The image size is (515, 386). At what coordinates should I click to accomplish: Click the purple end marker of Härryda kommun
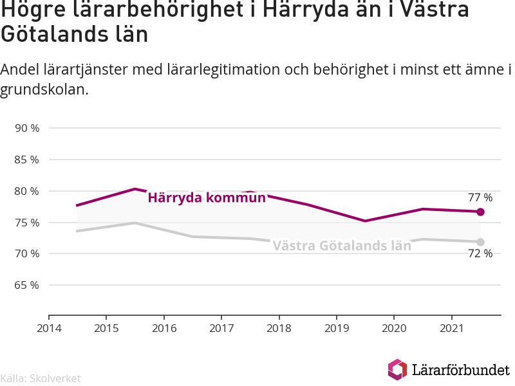tap(480, 212)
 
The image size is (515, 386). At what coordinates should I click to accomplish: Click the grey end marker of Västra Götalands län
tap(480, 243)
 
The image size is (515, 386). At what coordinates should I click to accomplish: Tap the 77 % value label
tap(480, 198)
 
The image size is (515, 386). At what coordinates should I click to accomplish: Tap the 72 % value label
tap(480, 253)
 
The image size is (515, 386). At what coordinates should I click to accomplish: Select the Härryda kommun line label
tap(207, 198)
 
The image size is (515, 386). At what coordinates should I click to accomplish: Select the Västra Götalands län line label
tap(342, 246)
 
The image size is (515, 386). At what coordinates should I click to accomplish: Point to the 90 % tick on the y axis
tap(27, 128)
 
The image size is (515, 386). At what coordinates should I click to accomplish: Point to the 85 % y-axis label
tap(27, 160)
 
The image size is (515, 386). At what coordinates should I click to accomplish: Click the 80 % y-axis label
tap(27, 191)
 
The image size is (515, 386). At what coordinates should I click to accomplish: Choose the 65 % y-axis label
tap(27, 285)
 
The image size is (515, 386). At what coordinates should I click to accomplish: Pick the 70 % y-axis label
tap(27, 253)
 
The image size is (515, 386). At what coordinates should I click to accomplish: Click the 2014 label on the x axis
tap(49, 328)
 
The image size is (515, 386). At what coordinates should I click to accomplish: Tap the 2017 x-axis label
tap(221, 328)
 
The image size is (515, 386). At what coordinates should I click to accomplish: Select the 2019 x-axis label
tap(337, 328)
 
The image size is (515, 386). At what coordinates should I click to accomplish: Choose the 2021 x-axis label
tap(452, 328)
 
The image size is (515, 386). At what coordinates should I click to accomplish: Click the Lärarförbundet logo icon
tap(397, 369)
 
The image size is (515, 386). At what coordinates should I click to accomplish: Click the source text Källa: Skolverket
tap(41, 378)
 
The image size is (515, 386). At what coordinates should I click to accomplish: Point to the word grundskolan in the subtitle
tap(44, 89)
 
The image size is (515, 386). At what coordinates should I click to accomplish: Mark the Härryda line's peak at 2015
tap(135, 189)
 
